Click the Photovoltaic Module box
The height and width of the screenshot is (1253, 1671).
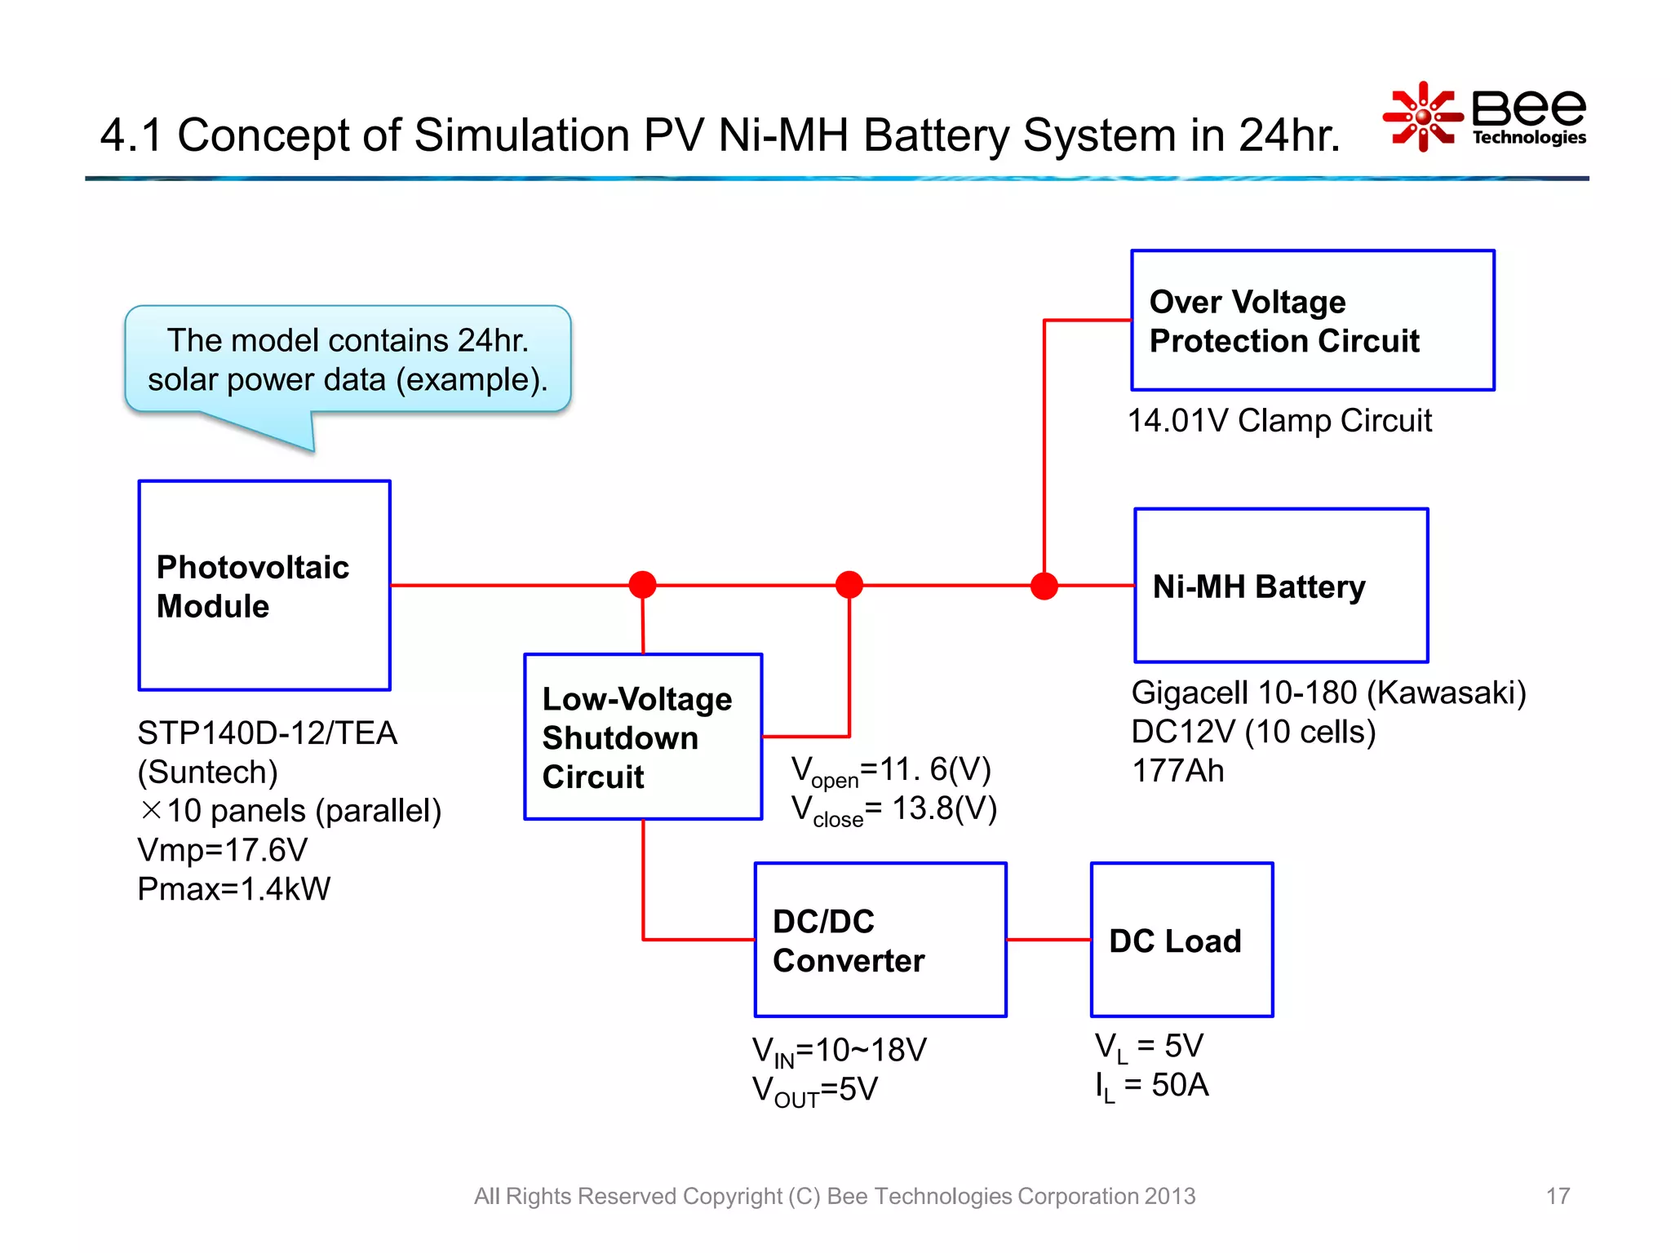[264, 586]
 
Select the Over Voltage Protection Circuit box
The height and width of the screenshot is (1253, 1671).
[1312, 321]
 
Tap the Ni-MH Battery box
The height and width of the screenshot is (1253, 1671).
[1281, 586]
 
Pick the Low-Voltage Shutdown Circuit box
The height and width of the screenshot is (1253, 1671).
[643, 737]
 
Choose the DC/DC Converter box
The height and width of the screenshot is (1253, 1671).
[880, 940]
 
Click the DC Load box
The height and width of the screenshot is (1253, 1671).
[1181, 940]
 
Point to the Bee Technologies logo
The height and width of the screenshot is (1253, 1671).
[1485, 117]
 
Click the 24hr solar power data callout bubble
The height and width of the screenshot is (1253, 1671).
[348, 360]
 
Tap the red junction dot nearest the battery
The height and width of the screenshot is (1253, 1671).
[1044, 586]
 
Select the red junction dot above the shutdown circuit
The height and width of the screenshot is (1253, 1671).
[643, 584]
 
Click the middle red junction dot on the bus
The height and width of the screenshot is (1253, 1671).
[849, 584]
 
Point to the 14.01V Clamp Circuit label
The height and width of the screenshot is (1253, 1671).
[1279, 421]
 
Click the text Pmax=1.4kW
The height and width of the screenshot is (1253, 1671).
[234, 889]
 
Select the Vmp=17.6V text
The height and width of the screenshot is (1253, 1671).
[223, 850]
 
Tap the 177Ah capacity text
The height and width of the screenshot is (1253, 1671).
[1177, 771]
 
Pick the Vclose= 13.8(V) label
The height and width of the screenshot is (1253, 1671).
[894, 810]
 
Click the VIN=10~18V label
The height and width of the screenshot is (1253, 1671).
[839, 1051]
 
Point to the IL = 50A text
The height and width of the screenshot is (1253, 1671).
[1151, 1086]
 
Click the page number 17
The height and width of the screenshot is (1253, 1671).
[1557, 1196]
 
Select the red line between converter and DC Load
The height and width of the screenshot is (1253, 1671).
[1048, 940]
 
